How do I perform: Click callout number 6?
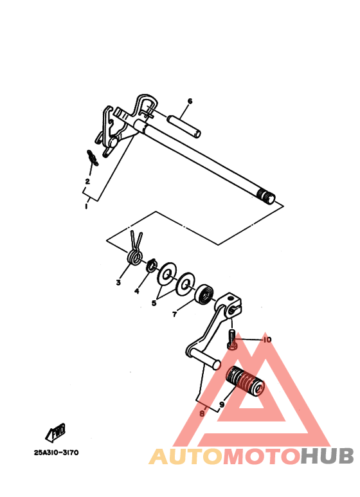(190, 101)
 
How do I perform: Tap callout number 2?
(87, 181)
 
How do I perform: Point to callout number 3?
(118, 282)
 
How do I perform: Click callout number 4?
(136, 291)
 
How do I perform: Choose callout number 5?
(153, 303)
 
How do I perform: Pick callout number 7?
(174, 315)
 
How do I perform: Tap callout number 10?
(267, 339)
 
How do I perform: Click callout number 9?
(221, 405)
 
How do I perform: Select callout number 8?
(202, 415)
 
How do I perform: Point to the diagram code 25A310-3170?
(57, 453)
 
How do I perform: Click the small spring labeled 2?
(93, 157)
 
